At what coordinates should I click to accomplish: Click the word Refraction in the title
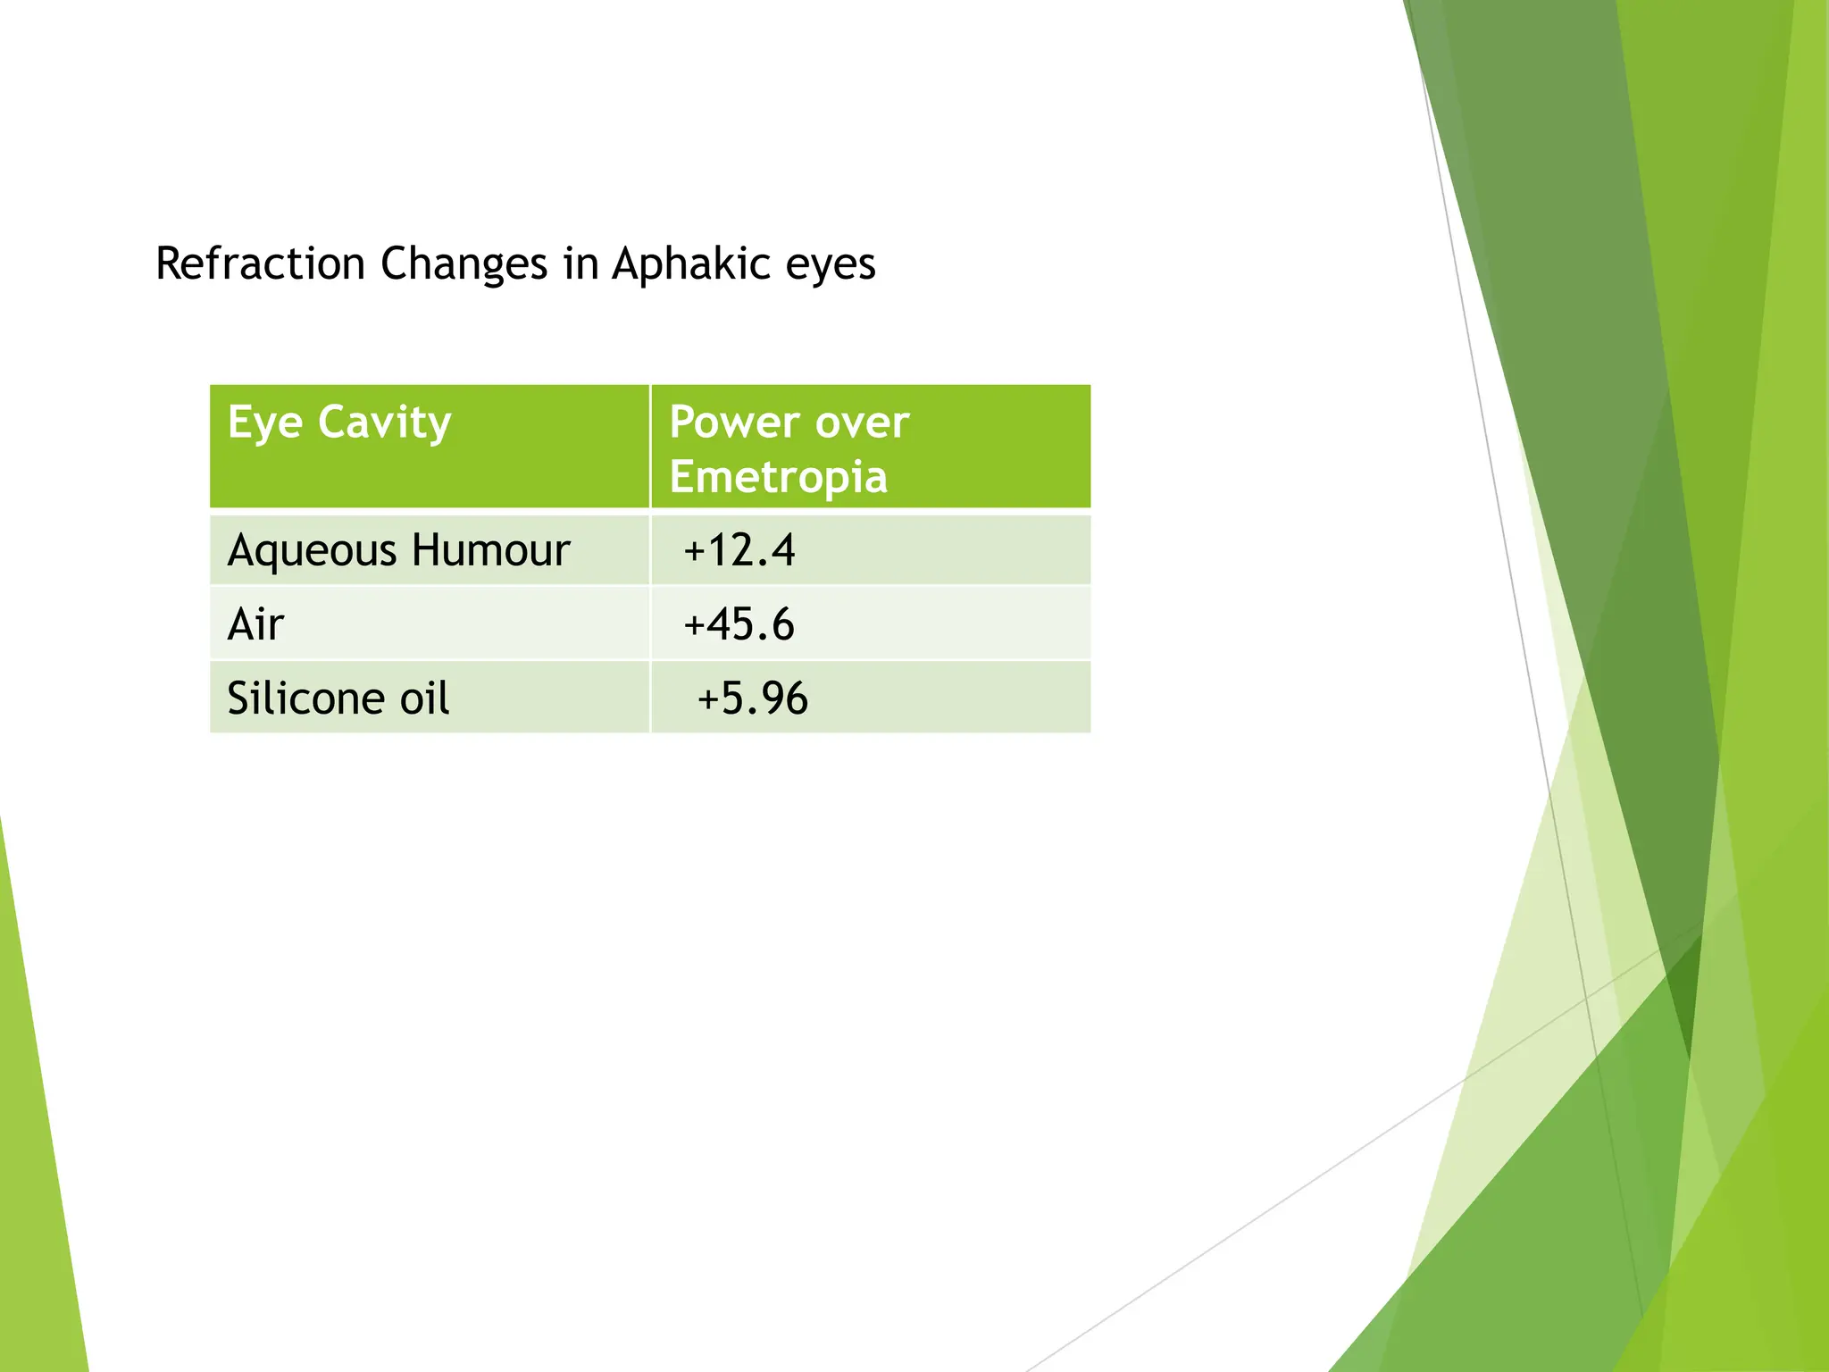click(x=260, y=264)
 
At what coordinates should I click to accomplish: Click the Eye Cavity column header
click(x=339, y=422)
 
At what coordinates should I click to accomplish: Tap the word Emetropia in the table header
click(x=778, y=477)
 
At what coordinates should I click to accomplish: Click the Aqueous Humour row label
click(x=398, y=550)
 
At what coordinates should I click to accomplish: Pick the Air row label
click(x=255, y=624)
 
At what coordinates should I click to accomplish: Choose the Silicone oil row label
click(x=338, y=699)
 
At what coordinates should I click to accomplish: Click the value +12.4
click(x=739, y=550)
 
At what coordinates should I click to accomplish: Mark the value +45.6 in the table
click(x=739, y=624)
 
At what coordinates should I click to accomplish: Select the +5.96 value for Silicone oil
click(x=752, y=699)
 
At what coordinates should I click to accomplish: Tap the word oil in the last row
click(x=424, y=699)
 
